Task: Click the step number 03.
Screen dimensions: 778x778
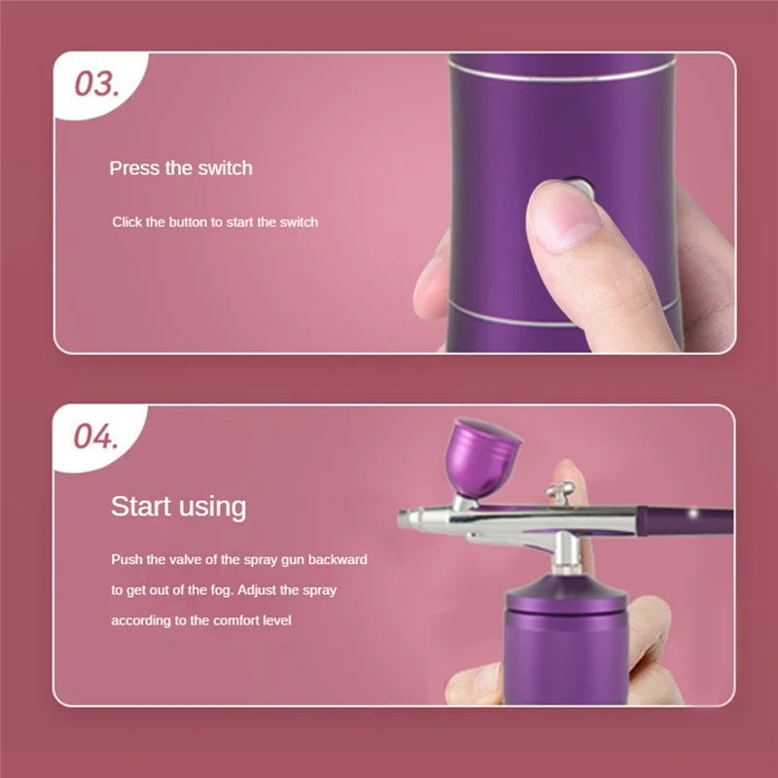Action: point(96,84)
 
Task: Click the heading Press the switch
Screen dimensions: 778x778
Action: point(181,168)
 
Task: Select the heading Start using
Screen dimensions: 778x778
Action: point(178,507)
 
